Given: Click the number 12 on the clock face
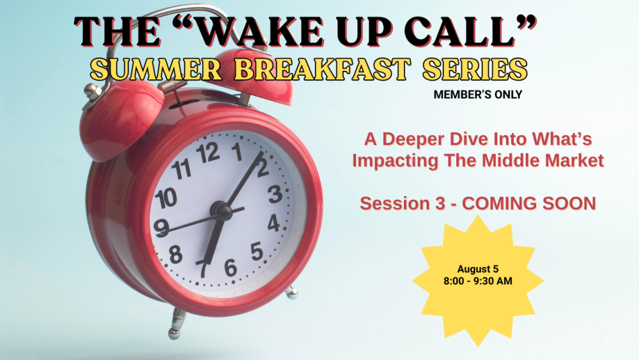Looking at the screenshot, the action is [x=208, y=153].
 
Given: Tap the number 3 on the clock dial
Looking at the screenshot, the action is [x=275, y=194].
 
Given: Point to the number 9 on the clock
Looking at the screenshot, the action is [x=162, y=228].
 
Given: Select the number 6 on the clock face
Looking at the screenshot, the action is [x=230, y=267].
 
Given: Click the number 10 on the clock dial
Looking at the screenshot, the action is [x=166, y=199].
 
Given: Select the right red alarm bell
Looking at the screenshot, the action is [x=252, y=75].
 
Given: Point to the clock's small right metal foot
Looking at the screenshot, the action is [x=291, y=293].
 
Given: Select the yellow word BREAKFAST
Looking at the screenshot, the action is [x=322, y=69].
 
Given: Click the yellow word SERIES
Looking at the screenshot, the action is [x=475, y=69].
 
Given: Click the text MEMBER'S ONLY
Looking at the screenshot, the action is [x=477, y=95].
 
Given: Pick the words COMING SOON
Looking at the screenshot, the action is [x=529, y=203].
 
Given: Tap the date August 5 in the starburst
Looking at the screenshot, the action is [x=477, y=269].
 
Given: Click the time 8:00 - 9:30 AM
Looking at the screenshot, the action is [x=477, y=281].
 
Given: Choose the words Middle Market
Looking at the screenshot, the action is [x=543, y=160].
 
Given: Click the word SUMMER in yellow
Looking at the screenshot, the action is [x=156, y=69].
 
